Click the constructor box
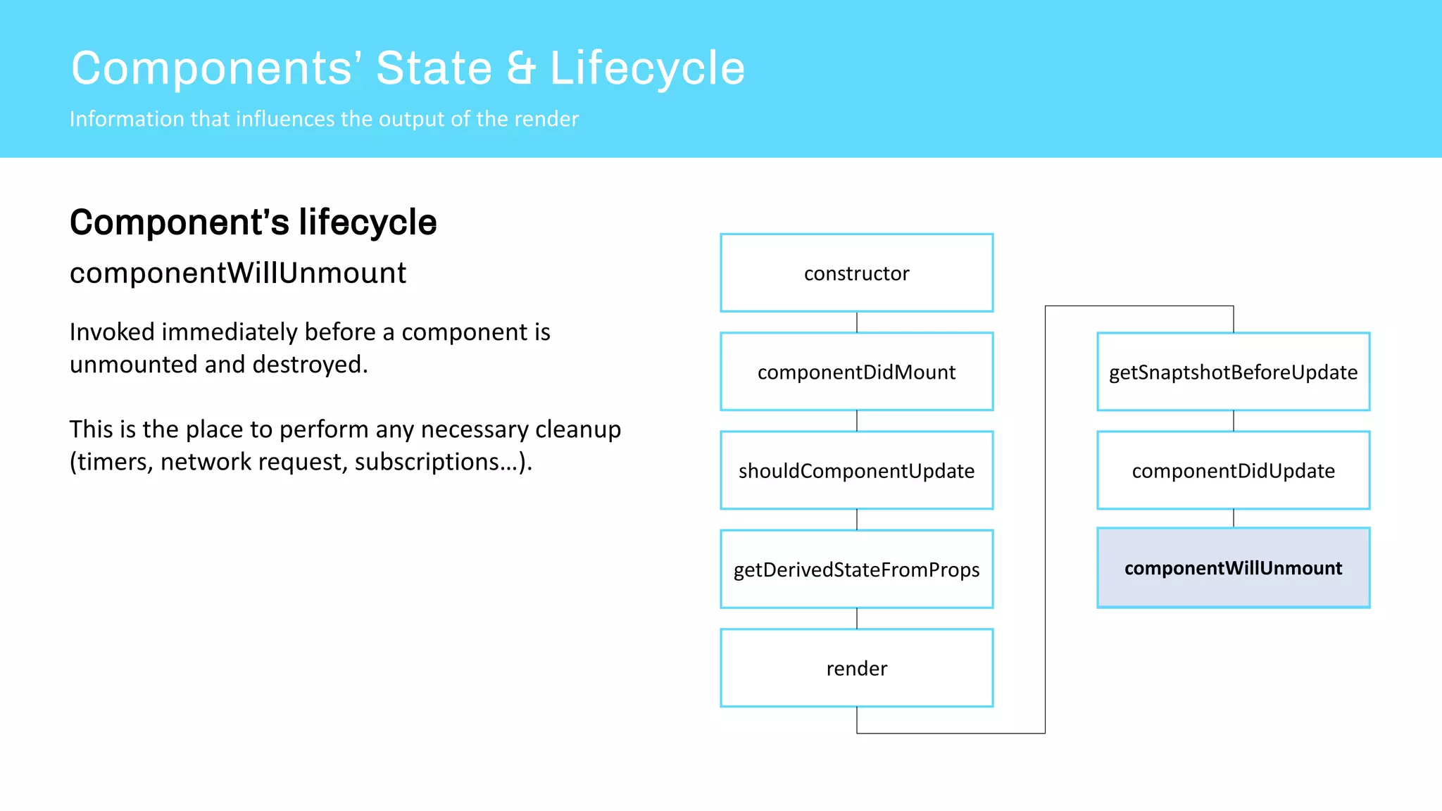[x=856, y=273]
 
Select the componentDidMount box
[x=856, y=372]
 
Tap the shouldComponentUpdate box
[x=856, y=470]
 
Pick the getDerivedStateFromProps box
[x=856, y=569]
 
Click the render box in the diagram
[x=856, y=667]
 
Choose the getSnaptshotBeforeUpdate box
[x=1233, y=372]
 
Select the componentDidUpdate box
[x=1233, y=470]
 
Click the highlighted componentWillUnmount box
[x=1233, y=567]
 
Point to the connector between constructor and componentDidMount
[x=857, y=322]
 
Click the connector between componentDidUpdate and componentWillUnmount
[x=1234, y=518]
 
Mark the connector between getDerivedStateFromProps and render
[x=857, y=618]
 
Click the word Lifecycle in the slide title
[x=646, y=69]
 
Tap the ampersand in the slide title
[x=521, y=69]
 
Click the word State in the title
[x=434, y=69]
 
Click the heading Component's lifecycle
[x=253, y=222]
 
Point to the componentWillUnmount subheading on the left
[x=238, y=273]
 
